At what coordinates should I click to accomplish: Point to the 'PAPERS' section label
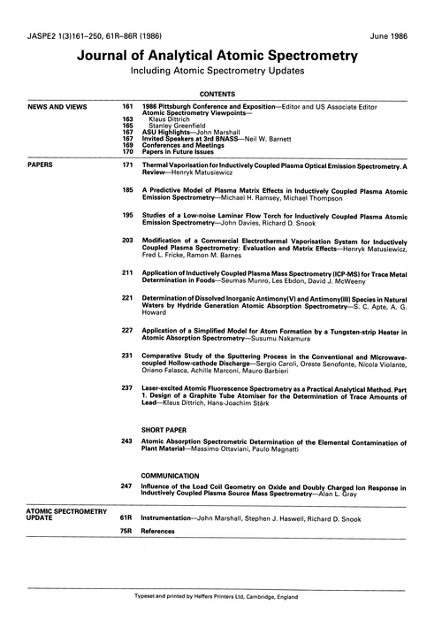point(43,165)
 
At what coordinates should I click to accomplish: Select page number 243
point(126,440)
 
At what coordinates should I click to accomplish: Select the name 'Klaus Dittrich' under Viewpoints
point(171,119)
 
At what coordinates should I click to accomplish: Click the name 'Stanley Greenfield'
point(178,125)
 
